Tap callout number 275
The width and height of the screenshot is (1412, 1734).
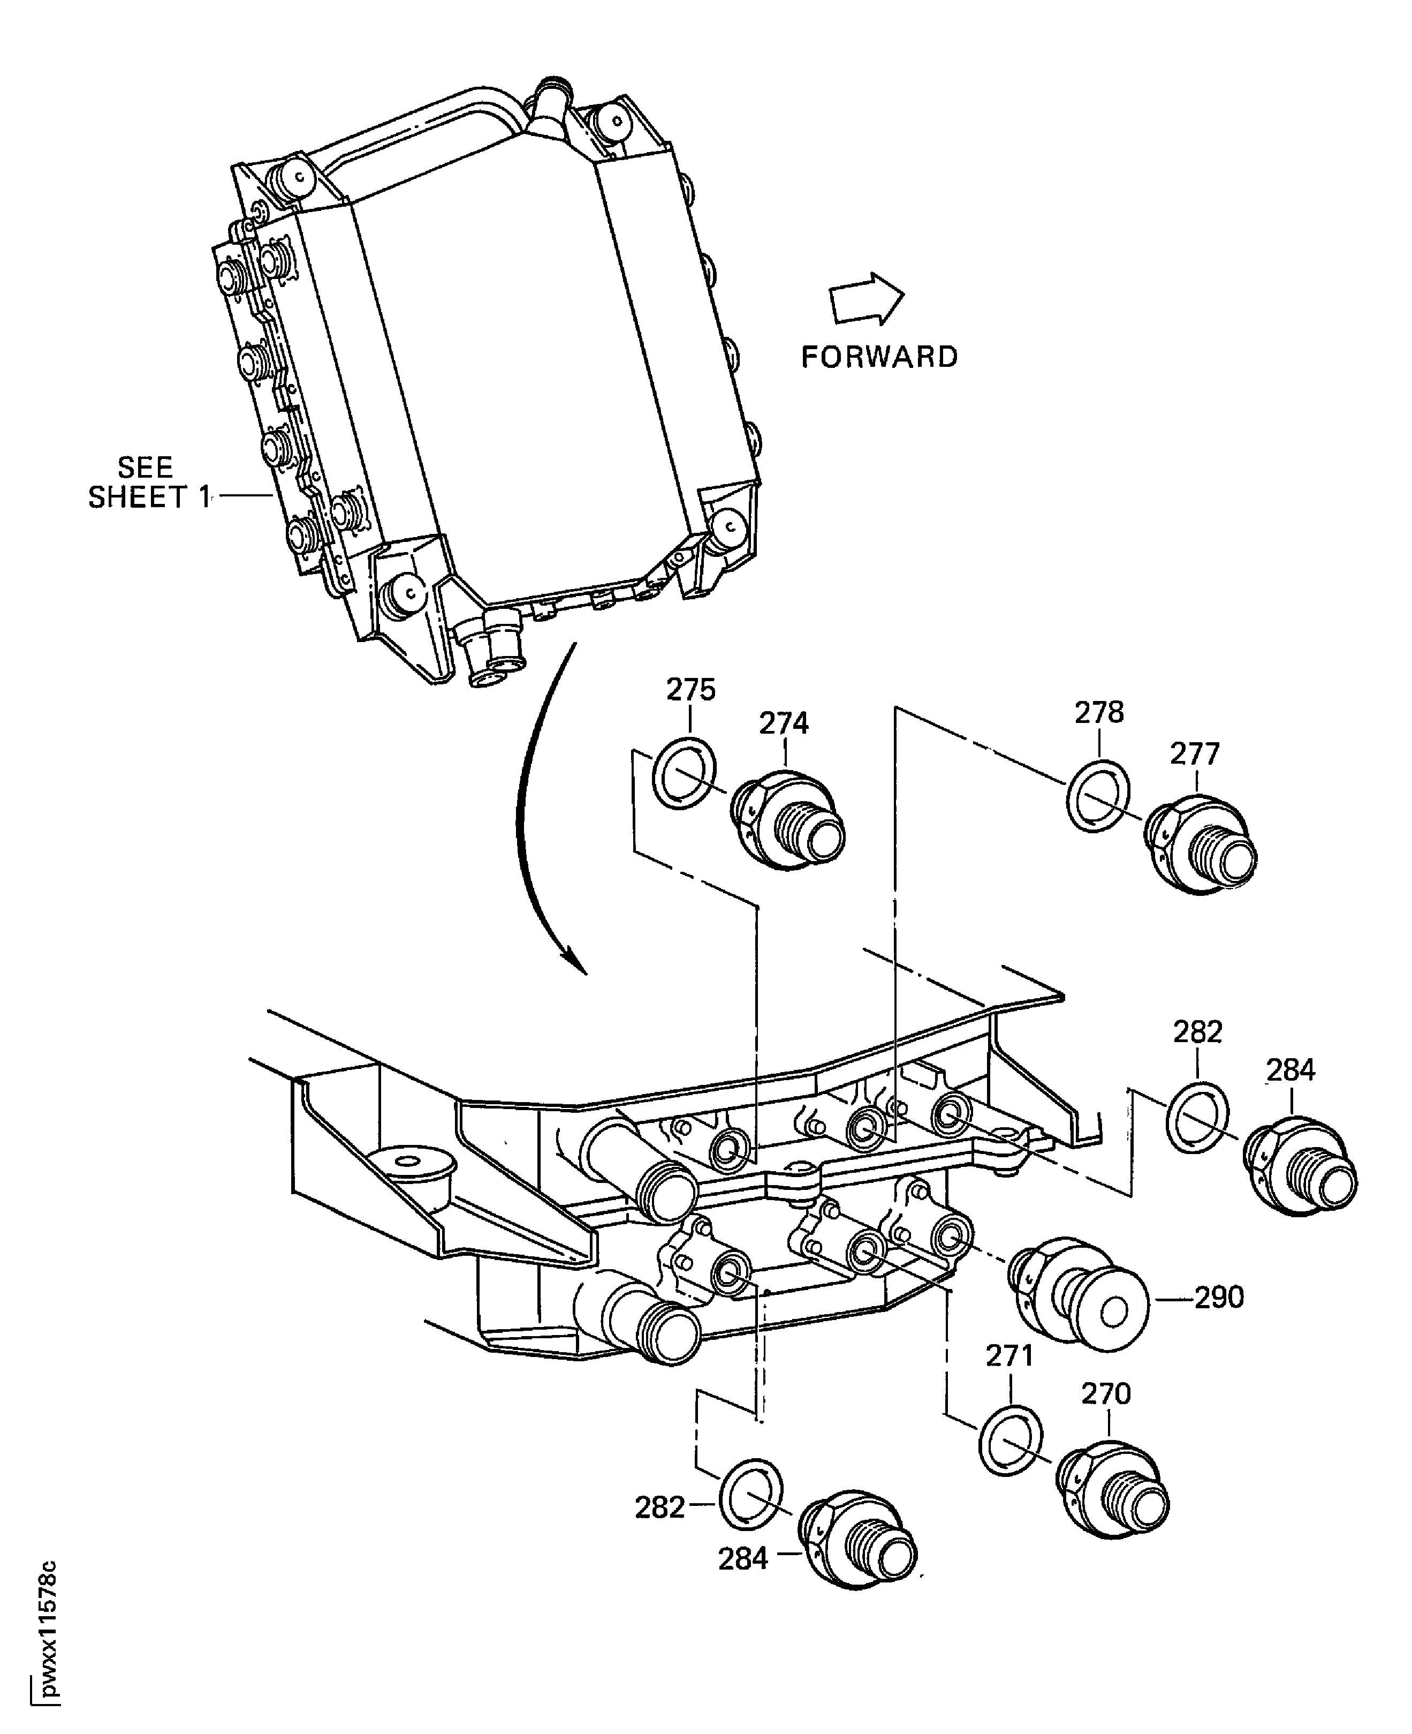click(x=690, y=690)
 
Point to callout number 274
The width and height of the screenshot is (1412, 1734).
click(x=784, y=723)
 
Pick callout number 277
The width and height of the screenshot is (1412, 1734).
click(x=1195, y=755)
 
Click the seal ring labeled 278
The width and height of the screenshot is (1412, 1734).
click(x=1097, y=795)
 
